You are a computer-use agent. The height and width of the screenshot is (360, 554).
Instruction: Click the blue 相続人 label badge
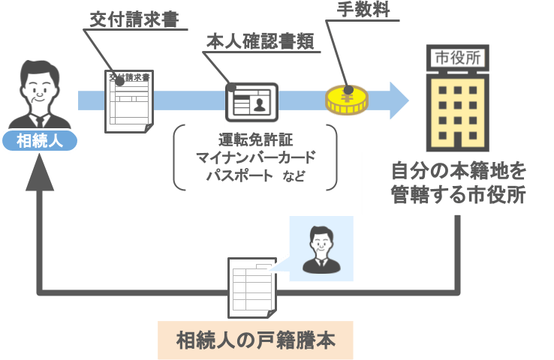(x=40, y=141)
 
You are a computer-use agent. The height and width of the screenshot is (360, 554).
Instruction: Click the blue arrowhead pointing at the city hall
(x=397, y=100)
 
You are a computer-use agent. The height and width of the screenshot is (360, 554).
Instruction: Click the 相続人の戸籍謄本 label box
(x=254, y=340)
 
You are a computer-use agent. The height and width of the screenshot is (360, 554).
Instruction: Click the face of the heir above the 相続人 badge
(x=40, y=84)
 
